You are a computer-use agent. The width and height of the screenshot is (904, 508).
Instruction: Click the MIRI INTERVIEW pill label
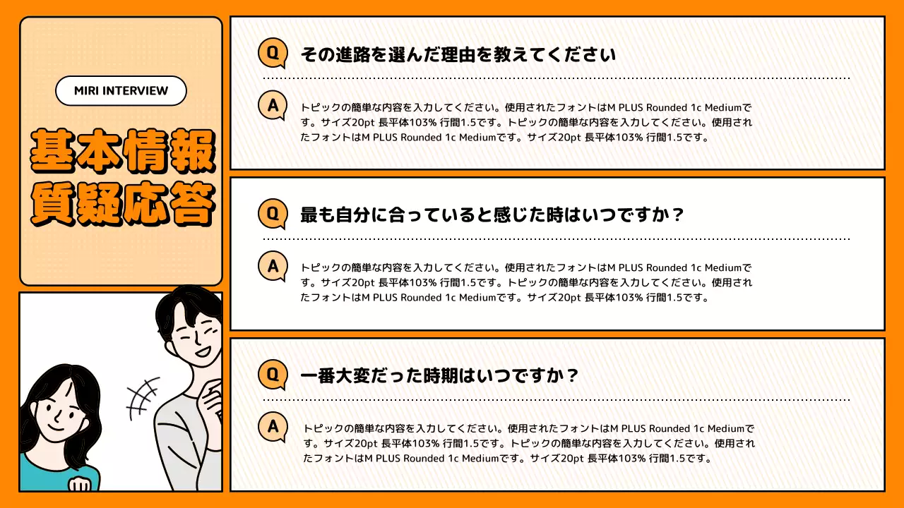pyautogui.click(x=121, y=91)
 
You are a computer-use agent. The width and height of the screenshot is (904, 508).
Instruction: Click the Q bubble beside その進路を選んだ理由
pyautogui.click(x=272, y=54)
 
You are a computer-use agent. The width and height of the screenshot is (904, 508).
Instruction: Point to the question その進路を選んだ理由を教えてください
pyautogui.click(x=458, y=54)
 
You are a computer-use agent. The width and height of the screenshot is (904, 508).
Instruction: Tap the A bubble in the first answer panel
pyautogui.click(x=272, y=106)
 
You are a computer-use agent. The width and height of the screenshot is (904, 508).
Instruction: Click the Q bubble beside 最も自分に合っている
pyautogui.click(x=272, y=214)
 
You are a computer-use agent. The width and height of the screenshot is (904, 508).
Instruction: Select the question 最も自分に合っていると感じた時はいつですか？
pyautogui.click(x=492, y=214)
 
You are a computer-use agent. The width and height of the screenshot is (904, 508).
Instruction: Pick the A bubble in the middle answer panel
pyautogui.click(x=272, y=266)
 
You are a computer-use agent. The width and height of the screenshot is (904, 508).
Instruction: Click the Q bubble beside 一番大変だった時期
pyautogui.click(x=272, y=374)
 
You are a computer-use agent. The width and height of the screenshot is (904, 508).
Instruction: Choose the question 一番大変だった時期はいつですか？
pyautogui.click(x=439, y=375)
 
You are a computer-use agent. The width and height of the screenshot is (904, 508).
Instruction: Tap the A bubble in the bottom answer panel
pyautogui.click(x=272, y=426)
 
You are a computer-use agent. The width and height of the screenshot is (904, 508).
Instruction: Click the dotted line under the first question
pyautogui.click(x=556, y=78)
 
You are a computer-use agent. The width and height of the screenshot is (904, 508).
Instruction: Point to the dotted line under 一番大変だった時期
pyautogui.click(x=556, y=399)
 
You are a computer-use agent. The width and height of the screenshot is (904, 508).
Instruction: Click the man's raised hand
pyautogui.click(x=211, y=403)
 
